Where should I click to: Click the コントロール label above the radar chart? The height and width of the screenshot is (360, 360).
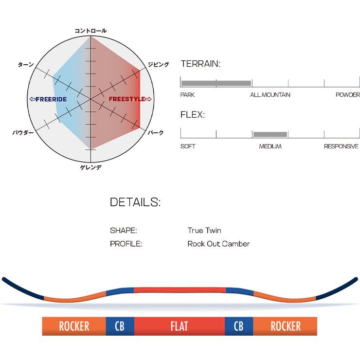click(x=90, y=31)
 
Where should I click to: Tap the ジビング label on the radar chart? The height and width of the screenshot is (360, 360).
click(x=158, y=64)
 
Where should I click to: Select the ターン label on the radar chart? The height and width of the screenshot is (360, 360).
click(x=25, y=64)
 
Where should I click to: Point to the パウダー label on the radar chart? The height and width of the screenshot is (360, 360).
click(x=23, y=132)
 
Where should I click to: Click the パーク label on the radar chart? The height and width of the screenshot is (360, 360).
click(x=156, y=132)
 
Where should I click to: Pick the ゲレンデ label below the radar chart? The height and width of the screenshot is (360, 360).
click(x=90, y=168)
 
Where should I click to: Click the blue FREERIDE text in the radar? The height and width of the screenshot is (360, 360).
click(x=48, y=99)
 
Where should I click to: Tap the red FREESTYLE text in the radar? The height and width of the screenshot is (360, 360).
click(x=130, y=99)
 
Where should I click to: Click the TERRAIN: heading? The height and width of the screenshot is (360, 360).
click(x=200, y=64)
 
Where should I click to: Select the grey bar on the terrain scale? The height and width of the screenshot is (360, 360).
click(x=216, y=83)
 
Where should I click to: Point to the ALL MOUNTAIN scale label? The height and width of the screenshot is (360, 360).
click(x=270, y=95)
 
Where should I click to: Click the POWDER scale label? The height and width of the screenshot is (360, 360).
click(x=347, y=95)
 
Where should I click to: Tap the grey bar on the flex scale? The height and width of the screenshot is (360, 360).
click(x=270, y=134)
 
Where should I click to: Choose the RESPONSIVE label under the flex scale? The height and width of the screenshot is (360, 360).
click(x=341, y=146)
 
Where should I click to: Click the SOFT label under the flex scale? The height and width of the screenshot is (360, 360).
click(x=188, y=146)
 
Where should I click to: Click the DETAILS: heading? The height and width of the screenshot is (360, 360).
click(x=135, y=202)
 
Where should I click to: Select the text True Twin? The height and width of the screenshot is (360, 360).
click(x=204, y=231)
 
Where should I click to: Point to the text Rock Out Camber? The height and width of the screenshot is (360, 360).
click(x=218, y=244)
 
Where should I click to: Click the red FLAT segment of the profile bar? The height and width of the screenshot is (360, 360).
click(x=180, y=326)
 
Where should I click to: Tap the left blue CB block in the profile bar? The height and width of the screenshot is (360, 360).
click(x=120, y=326)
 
